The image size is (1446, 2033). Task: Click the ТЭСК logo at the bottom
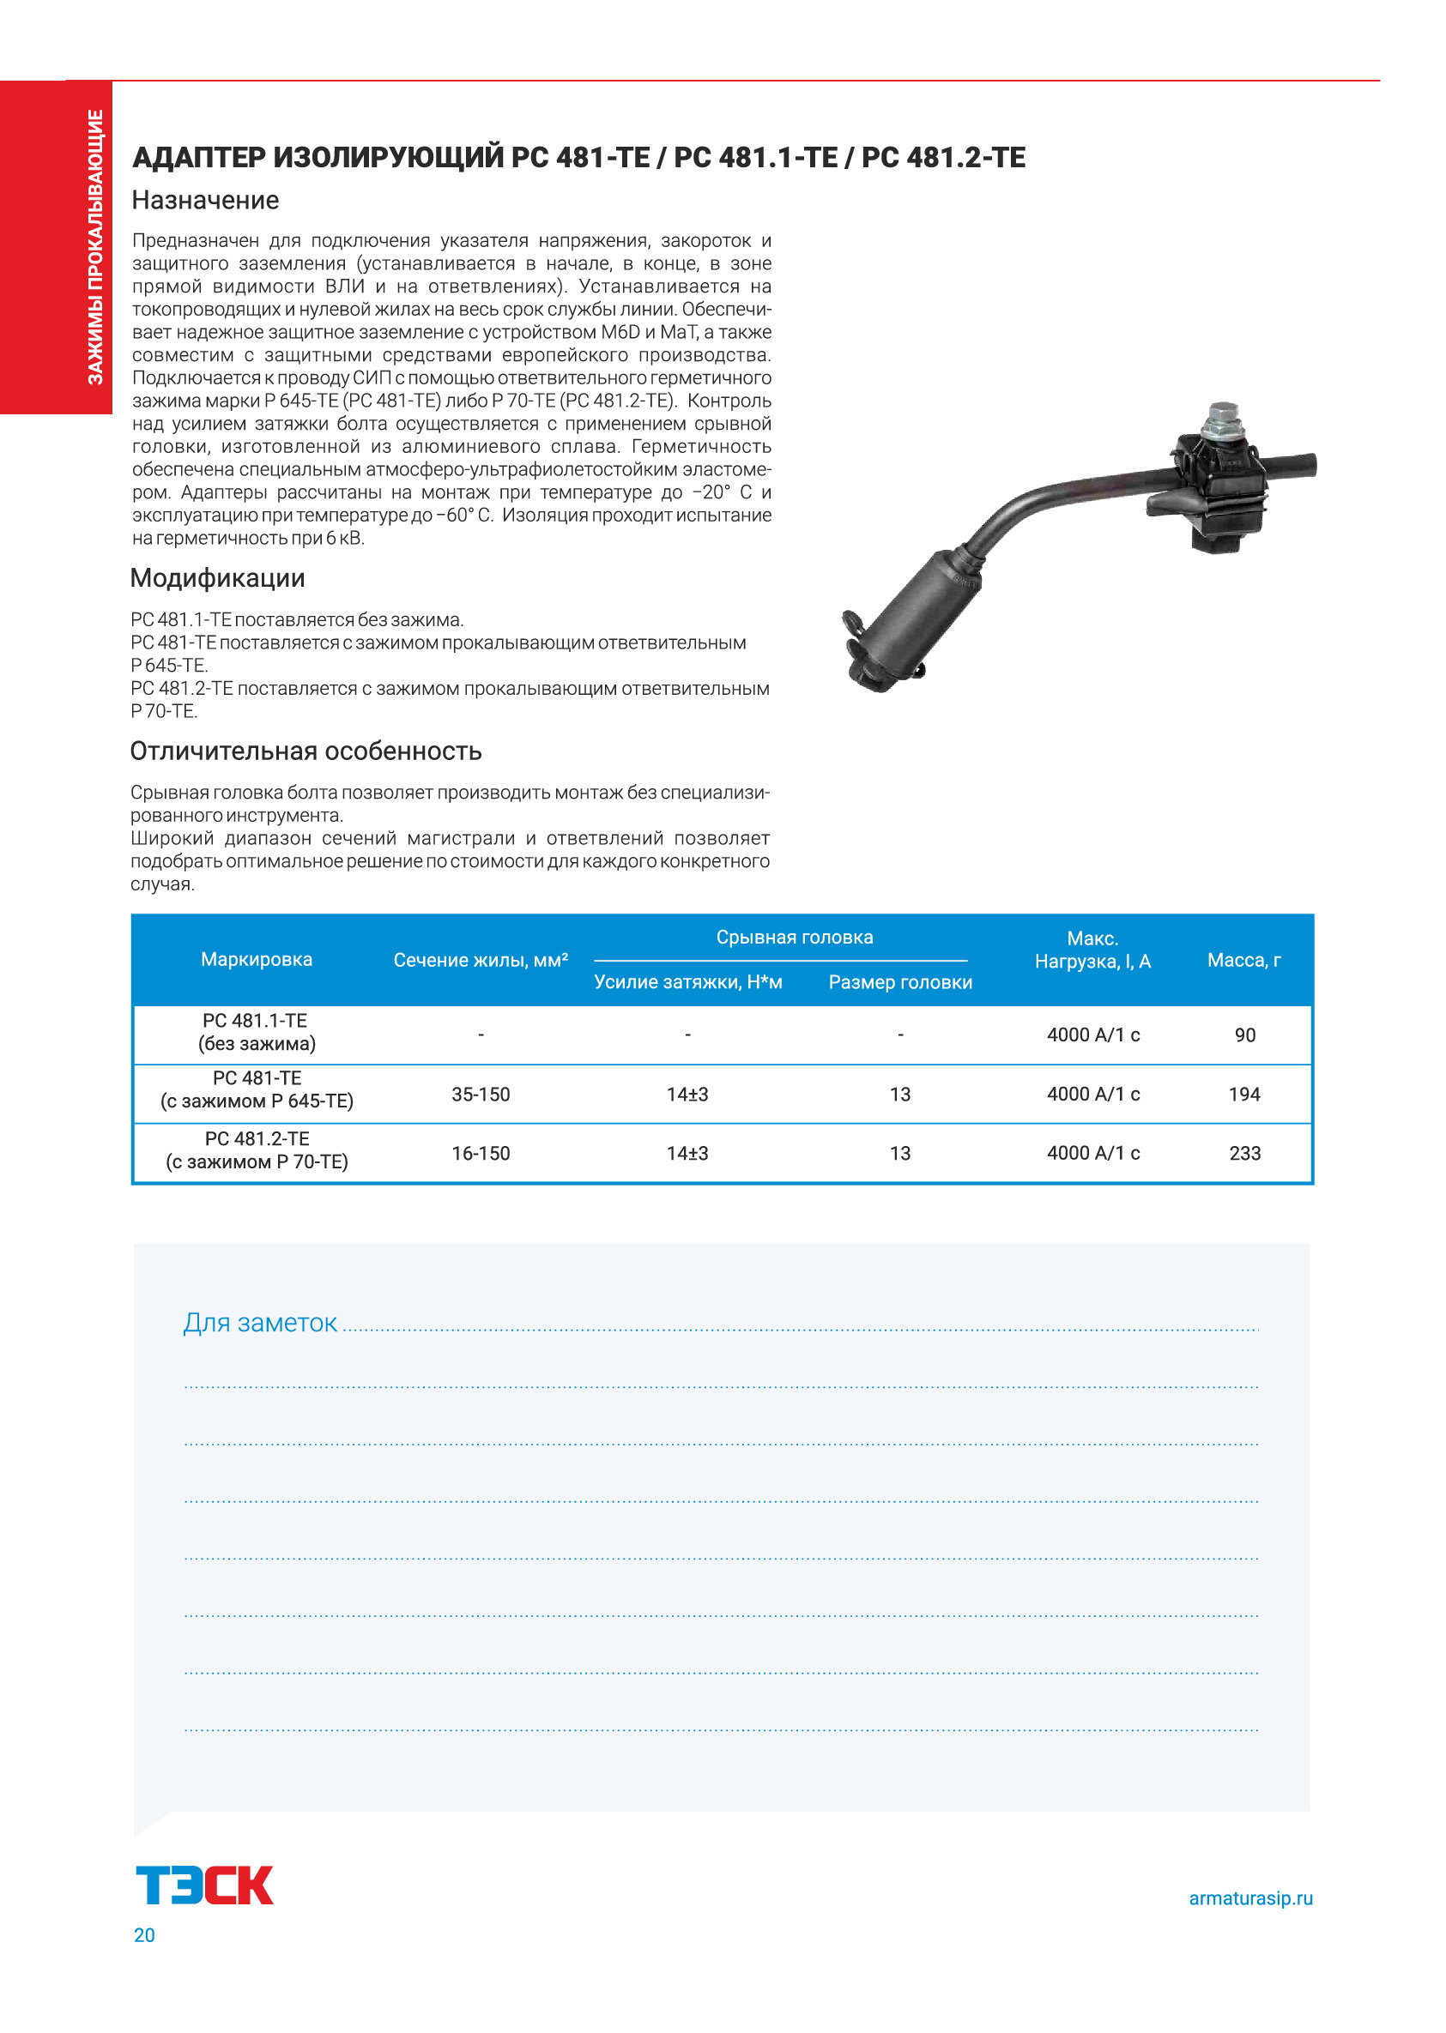pyautogui.click(x=204, y=1885)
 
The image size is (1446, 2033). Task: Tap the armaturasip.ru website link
pyautogui.click(x=1250, y=1897)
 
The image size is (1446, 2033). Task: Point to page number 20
pyautogui.click(x=144, y=1935)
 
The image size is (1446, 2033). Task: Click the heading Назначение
pyautogui.click(x=205, y=200)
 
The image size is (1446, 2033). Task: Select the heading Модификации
pyautogui.click(x=217, y=578)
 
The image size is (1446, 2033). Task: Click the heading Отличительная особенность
pyautogui.click(x=306, y=751)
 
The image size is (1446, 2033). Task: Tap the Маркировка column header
pyautogui.click(x=257, y=960)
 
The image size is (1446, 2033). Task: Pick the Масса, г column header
pyautogui.click(x=1243, y=960)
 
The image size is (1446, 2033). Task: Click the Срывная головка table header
pyautogui.click(x=795, y=938)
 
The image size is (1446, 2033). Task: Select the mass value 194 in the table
pyautogui.click(x=1243, y=1094)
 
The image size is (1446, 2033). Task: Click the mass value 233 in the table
pyautogui.click(x=1243, y=1154)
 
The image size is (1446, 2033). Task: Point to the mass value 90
pyautogui.click(x=1243, y=1035)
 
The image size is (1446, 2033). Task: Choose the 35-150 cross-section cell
pyautogui.click(x=481, y=1094)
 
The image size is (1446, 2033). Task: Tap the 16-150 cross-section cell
pyautogui.click(x=481, y=1154)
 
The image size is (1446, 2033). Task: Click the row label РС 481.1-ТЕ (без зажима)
pyautogui.click(x=257, y=1033)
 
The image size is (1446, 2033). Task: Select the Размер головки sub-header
pyautogui.click(x=900, y=983)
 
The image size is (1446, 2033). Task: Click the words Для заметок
pyautogui.click(x=260, y=1324)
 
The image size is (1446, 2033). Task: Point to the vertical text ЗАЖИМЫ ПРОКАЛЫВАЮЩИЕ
pyautogui.click(x=95, y=246)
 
